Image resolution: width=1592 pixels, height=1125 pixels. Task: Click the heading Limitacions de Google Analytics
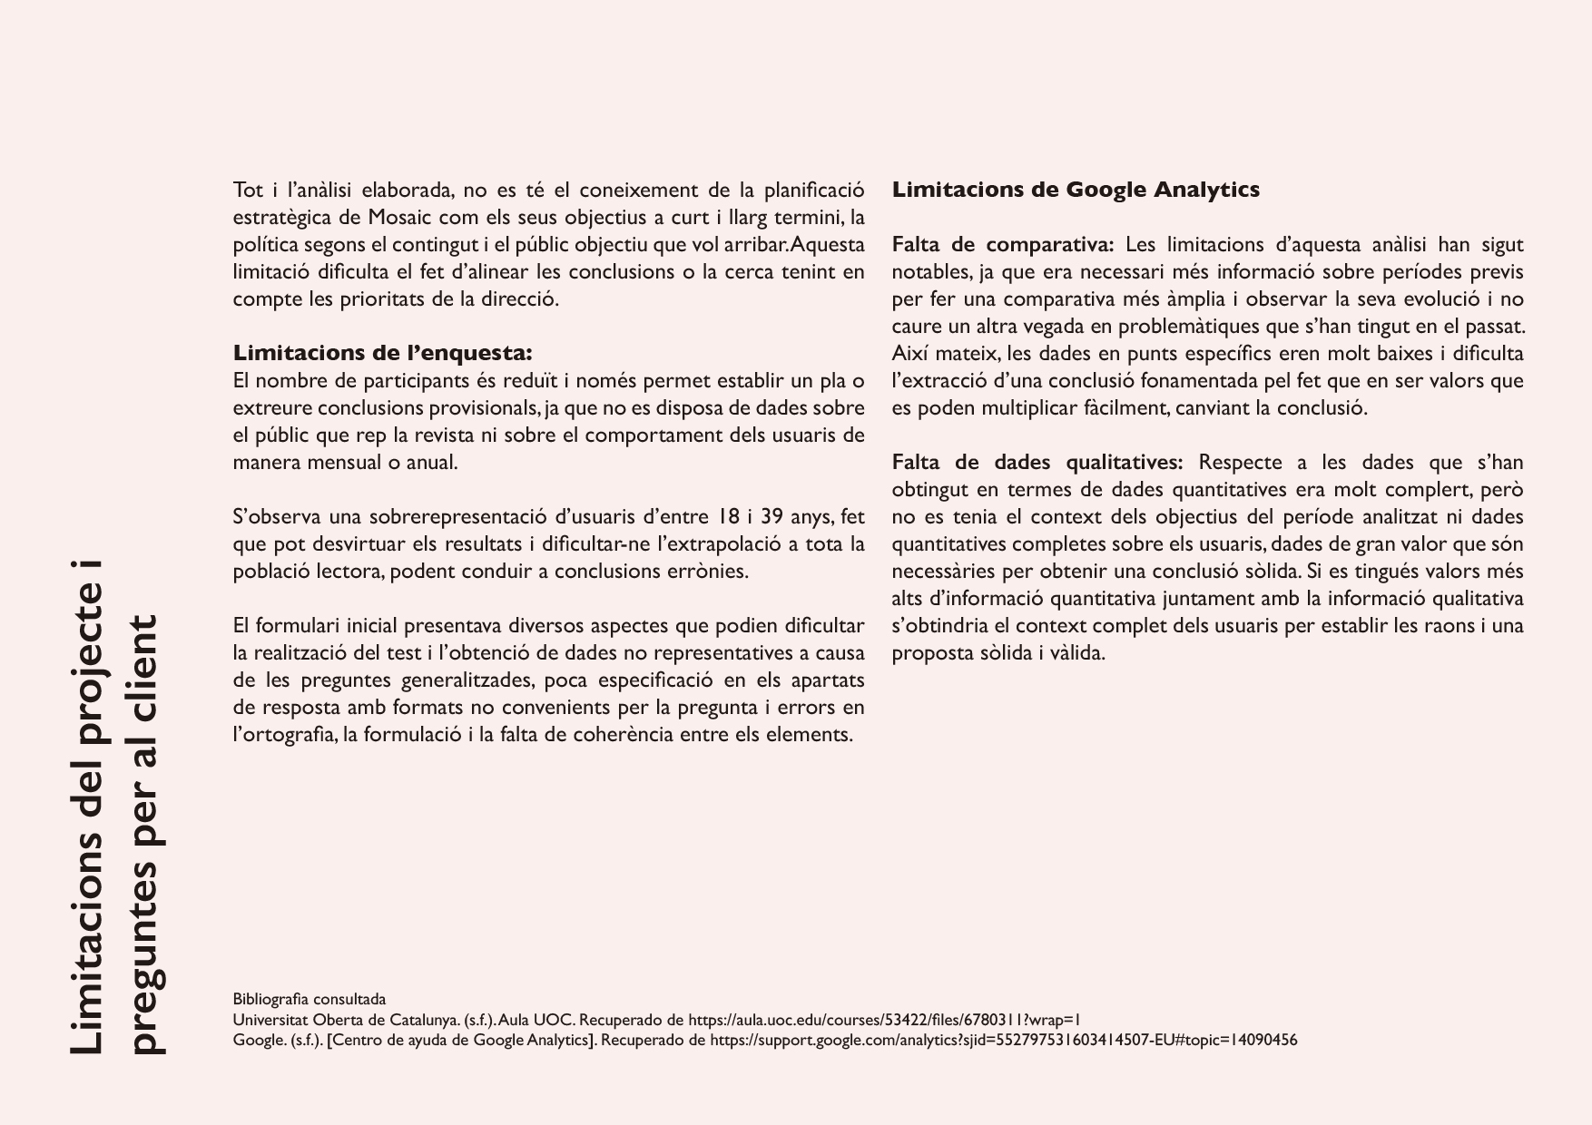1075,191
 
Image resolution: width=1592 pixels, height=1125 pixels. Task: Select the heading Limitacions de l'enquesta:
382,353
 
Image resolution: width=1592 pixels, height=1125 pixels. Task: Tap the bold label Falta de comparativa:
1002,245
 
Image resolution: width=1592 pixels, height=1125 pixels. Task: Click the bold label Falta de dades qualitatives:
1037,463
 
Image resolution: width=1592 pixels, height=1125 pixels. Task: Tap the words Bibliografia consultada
309,1000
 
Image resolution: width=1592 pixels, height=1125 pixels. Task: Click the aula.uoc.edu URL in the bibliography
884,1020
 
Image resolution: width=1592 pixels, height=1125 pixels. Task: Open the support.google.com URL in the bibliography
1003,1041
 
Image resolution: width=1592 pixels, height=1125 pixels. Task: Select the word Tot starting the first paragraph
248,191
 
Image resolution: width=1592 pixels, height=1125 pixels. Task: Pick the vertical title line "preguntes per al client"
145,835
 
